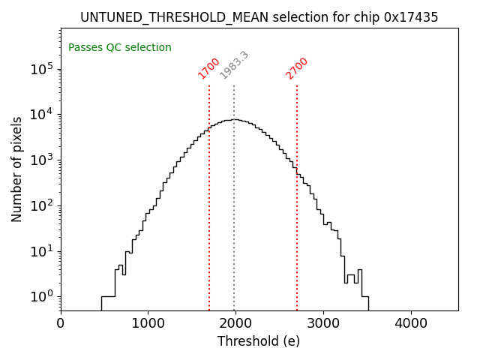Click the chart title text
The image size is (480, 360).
[259, 17]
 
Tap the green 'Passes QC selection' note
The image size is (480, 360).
[120, 48]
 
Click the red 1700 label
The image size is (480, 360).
[208, 68]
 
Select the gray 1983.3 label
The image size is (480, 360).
[234, 65]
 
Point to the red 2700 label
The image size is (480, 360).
[297, 68]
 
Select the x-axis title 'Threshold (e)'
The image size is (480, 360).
[259, 341]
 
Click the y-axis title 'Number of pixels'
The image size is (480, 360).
[17, 169]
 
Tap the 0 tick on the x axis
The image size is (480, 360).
[61, 323]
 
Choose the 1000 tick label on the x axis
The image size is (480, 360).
[148, 323]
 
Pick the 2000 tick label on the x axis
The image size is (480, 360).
[235, 323]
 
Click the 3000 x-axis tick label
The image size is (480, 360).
[323, 323]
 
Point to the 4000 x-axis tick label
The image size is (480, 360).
[410, 323]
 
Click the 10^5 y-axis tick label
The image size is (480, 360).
[41, 69]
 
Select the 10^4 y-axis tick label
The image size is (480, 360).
[41, 114]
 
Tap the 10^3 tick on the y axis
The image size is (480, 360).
[41, 160]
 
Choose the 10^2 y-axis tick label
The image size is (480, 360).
[41, 205]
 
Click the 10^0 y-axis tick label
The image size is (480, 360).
[41, 296]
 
